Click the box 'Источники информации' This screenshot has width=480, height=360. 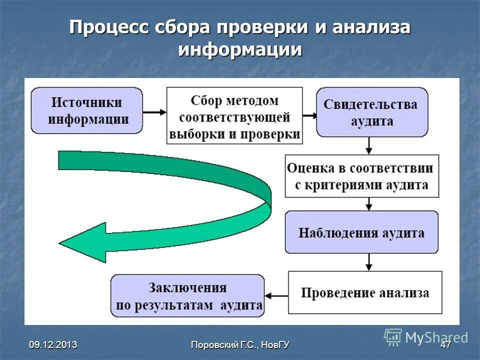click(x=87, y=110)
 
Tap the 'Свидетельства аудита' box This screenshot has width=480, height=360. click(x=371, y=112)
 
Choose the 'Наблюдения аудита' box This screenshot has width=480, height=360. click(x=361, y=232)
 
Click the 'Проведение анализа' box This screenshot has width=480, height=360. click(x=365, y=292)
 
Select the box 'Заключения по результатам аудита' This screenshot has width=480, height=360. click(x=187, y=295)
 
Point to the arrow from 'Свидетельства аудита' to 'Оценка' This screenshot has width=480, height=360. click(x=369, y=145)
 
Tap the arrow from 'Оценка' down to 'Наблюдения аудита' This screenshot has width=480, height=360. click(x=369, y=203)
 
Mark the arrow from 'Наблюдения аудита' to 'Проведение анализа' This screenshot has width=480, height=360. click(x=369, y=262)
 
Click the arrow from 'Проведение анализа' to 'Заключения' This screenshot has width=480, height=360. click(x=276, y=296)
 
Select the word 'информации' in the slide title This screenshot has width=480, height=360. click(x=240, y=50)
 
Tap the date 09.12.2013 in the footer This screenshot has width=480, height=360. click(x=53, y=344)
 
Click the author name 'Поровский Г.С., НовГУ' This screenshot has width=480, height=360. click(x=240, y=344)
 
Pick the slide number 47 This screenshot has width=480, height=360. click(x=445, y=344)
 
